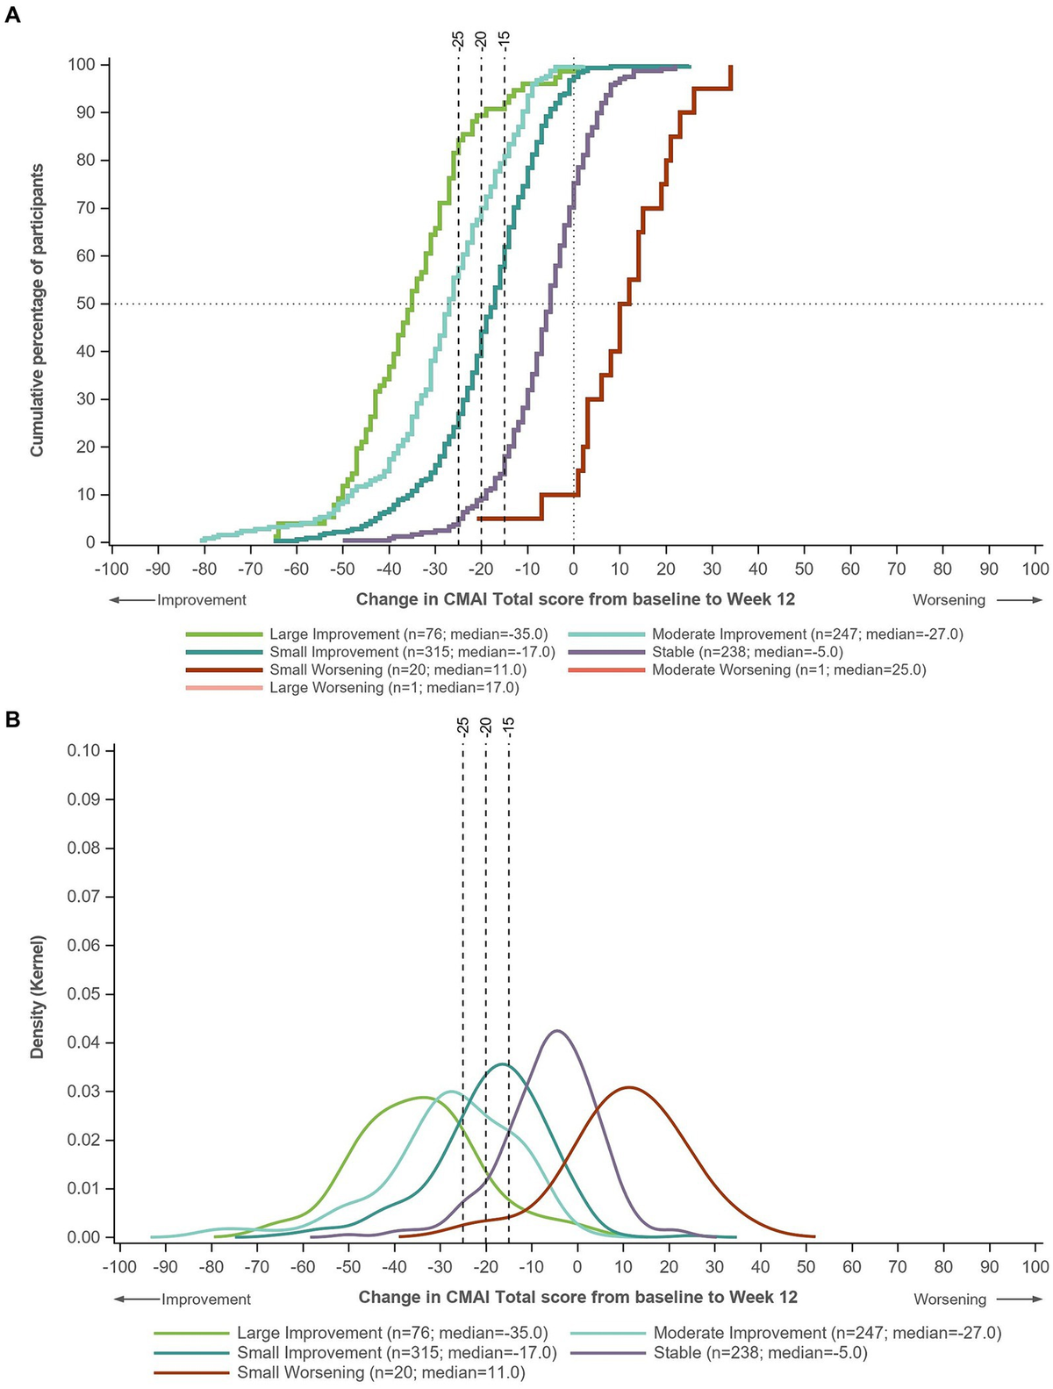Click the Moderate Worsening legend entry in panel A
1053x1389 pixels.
coord(788,669)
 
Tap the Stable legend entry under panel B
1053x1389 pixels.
coord(760,1353)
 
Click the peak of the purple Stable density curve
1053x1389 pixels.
coord(556,1031)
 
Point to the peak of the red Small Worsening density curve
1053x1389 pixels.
coord(628,1088)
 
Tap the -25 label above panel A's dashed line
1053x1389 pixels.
coord(457,39)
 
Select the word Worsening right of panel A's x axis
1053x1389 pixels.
coord(949,600)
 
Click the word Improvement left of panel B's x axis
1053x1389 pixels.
coord(205,1300)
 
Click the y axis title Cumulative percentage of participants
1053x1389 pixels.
coord(37,310)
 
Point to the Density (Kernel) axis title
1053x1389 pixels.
coord(37,997)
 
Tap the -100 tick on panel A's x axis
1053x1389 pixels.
coord(111,569)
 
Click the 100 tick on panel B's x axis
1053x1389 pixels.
coord(1035,1267)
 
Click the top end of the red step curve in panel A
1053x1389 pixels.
coord(730,67)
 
